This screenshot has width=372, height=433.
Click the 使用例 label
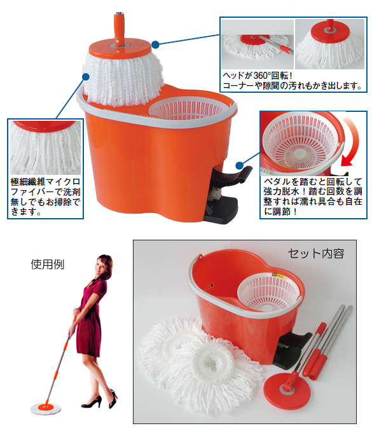click(48, 265)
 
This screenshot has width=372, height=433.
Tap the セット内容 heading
click(316, 253)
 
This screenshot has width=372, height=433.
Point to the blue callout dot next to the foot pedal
click(239, 165)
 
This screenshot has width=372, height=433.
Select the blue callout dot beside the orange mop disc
click(156, 44)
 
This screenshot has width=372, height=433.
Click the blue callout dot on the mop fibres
click(86, 76)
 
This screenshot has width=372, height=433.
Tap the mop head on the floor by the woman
click(46, 408)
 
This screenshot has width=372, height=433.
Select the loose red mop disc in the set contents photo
click(287, 389)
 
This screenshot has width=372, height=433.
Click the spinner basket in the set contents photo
click(268, 292)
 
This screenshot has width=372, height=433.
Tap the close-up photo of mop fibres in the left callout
click(46, 148)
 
